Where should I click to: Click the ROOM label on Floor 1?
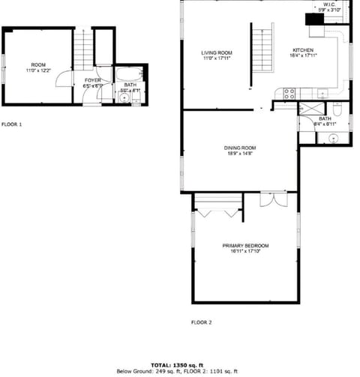37,65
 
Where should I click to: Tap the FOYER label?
92,79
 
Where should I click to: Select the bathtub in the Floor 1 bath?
130,75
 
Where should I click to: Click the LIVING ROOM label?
216,52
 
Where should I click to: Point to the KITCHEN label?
303,51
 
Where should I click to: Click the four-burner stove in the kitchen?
287,93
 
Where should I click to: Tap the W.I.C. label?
330,4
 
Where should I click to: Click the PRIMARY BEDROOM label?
245,245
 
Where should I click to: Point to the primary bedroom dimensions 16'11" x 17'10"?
245,251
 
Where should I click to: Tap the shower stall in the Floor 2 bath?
308,109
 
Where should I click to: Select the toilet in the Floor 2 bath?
337,111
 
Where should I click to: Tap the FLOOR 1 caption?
12,124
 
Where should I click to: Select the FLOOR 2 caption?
201,322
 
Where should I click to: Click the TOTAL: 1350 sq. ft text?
181,364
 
